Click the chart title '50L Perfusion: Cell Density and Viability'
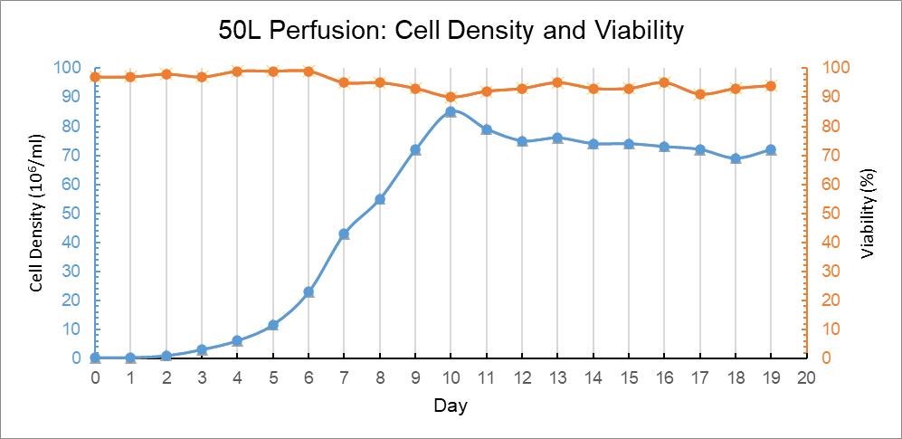tap(451, 31)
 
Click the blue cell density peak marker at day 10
tap(451, 111)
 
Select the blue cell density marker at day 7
tap(344, 234)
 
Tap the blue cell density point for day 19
tap(771, 149)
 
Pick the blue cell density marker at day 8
tap(380, 199)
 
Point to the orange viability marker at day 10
tap(451, 97)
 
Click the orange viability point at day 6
tap(309, 71)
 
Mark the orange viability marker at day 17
tap(699, 94)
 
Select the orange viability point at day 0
tap(95, 77)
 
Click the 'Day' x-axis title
tap(450, 406)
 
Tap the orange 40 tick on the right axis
tap(831, 243)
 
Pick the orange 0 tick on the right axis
tap(827, 358)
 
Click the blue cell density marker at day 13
tap(557, 138)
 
